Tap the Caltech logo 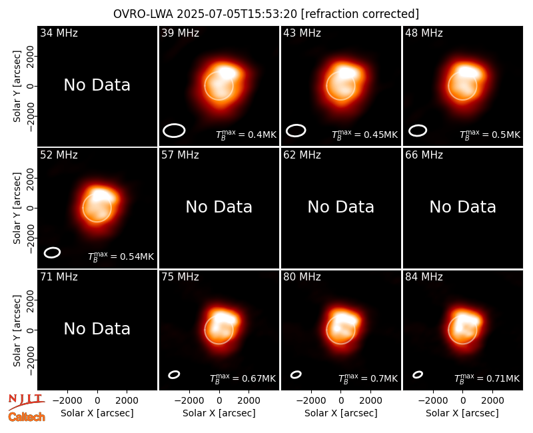(27, 417)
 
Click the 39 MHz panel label (180, 33)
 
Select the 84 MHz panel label (424, 277)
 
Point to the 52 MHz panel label (59, 155)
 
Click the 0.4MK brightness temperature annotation (246, 135)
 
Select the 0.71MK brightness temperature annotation (487, 378)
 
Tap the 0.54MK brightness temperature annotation (121, 256)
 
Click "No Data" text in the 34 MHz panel (97, 85)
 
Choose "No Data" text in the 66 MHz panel (463, 207)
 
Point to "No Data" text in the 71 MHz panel (97, 329)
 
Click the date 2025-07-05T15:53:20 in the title (237, 14)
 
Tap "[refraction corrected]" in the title (360, 14)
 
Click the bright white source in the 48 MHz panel (469, 72)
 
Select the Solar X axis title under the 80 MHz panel (341, 413)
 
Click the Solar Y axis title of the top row (17, 87)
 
